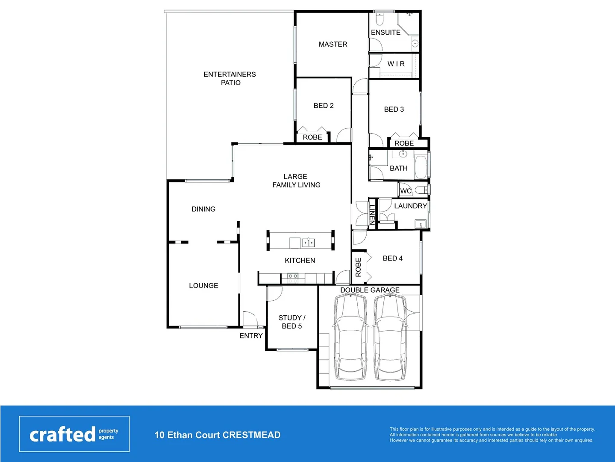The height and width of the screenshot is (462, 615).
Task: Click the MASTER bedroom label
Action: click(333, 44)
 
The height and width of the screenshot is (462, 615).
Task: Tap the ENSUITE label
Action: click(385, 33)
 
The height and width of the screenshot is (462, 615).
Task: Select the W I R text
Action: click(396, 64)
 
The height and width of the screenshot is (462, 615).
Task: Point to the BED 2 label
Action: click(323, 106)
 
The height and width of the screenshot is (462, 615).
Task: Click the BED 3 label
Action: click(394, 110)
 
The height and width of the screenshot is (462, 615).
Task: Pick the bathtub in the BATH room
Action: click(421, 167)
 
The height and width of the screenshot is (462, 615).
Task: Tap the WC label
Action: click(406, 191)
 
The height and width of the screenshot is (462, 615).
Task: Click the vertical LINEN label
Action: click(372, 214)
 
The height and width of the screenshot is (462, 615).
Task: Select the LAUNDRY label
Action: click(410, 206)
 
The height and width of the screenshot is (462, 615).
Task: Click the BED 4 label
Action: click(392, 258)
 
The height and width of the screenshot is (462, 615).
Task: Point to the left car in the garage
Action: click(350, 338)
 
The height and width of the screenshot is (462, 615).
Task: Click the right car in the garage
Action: click(390, 338)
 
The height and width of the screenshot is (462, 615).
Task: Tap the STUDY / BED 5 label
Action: click(291, 322)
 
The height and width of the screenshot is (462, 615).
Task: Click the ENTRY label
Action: click(251, 336)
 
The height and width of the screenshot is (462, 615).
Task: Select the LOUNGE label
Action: click(203, 286)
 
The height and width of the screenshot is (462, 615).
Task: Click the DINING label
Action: click(203, 209)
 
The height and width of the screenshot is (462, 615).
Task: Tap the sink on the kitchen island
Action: click(309, 243)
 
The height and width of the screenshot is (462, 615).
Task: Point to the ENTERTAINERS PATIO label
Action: click(230, 78)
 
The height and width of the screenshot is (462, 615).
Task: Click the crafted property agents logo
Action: click(74, 434)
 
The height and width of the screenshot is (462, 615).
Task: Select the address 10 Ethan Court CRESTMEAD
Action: click(218, 435)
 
